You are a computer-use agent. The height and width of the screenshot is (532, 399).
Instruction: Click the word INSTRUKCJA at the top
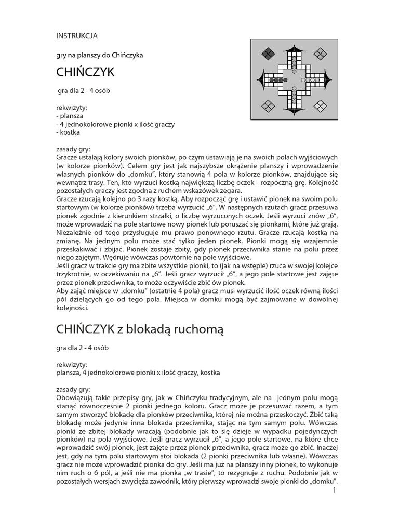pyautogui.click(x=76, y=36)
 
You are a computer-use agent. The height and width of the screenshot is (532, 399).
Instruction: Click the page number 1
pyautogui.click(x=336, y=489)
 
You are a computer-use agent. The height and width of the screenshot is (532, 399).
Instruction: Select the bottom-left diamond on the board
pyautogui.click(x=268, y=107)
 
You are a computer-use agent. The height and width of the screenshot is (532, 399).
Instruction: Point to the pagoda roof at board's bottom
pyautogui.click(x=295, y=111)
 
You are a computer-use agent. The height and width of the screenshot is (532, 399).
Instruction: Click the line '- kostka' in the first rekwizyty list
pyautogui.click(x=68, y=132)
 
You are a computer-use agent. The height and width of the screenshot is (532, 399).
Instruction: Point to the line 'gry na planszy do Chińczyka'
pyautogui.click(x=99, y=55)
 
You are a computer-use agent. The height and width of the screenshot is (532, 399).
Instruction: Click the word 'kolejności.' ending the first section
pyautogui.click(x=72, y=308)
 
